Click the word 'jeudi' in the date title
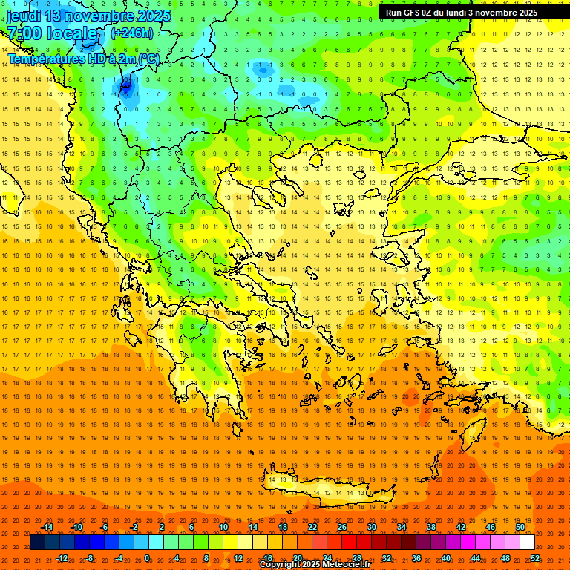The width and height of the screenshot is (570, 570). click(23, 16)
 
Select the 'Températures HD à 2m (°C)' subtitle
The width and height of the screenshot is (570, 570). click(83, 59)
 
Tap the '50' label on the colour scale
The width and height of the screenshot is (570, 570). click(520, 527)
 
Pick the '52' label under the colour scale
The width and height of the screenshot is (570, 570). click(534, 557)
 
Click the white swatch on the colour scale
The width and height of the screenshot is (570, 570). click(527, 543)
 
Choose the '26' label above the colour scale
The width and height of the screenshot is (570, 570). click(341, 527)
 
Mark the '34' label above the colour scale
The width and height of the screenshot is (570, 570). click(401, 527)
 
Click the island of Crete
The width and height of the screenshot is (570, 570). click(315, 490)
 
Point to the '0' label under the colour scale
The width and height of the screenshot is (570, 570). click(147, 557)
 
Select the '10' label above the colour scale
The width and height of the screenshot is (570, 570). click(223, 527)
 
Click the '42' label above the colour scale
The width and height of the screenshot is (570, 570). click(460, 527)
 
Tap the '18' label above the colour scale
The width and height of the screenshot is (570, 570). click(283, 527)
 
